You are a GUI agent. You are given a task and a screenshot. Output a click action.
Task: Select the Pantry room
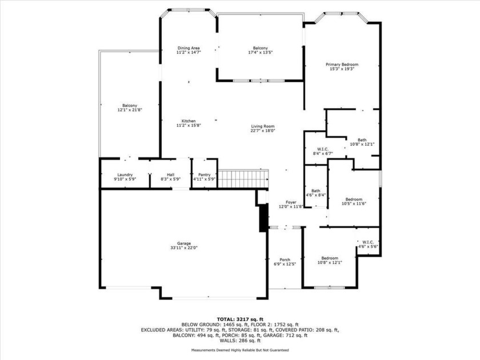(204, 177)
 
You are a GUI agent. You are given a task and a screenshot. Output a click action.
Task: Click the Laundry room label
(125, 177)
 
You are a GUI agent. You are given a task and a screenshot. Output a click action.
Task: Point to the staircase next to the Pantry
(243, 178)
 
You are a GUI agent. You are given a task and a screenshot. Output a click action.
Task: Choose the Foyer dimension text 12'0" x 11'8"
(291, 207)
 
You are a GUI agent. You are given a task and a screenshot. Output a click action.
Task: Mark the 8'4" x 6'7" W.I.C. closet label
(322, 151)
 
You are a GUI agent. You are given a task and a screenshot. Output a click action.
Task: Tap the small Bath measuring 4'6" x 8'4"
(316, 193)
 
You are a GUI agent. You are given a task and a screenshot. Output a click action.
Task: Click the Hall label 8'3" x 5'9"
(170, 177)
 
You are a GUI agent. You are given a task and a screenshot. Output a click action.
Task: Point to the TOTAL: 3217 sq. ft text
(239, 319)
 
